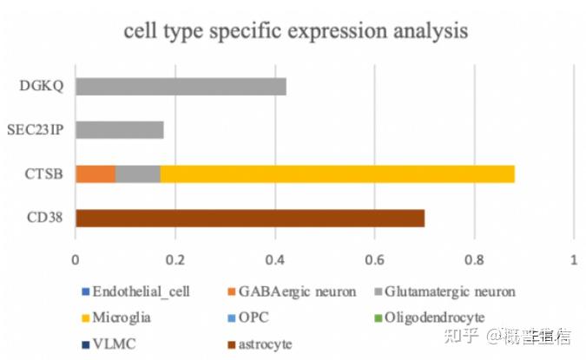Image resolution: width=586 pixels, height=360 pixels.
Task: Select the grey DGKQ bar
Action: tap(181, 87)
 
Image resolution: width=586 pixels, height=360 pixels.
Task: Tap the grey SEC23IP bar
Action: tap(120, 130)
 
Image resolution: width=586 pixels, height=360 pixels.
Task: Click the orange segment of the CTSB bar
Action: tap(95, 173)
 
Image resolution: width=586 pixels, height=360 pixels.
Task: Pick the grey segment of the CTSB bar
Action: tap(131, 173)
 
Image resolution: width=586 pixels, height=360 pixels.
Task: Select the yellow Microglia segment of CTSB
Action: tap(338, 173)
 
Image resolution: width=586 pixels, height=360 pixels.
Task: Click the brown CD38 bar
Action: tap(250, 217)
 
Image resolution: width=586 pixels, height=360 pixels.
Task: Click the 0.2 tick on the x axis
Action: tap(175, 258)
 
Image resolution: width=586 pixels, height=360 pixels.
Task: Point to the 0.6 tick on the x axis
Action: tap(375, 258)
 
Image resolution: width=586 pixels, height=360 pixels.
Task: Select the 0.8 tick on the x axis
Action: tap(474, 258)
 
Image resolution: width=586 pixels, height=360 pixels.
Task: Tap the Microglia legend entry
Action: tap(122, 317)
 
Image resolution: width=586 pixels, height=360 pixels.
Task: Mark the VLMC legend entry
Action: tap(111, 344)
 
